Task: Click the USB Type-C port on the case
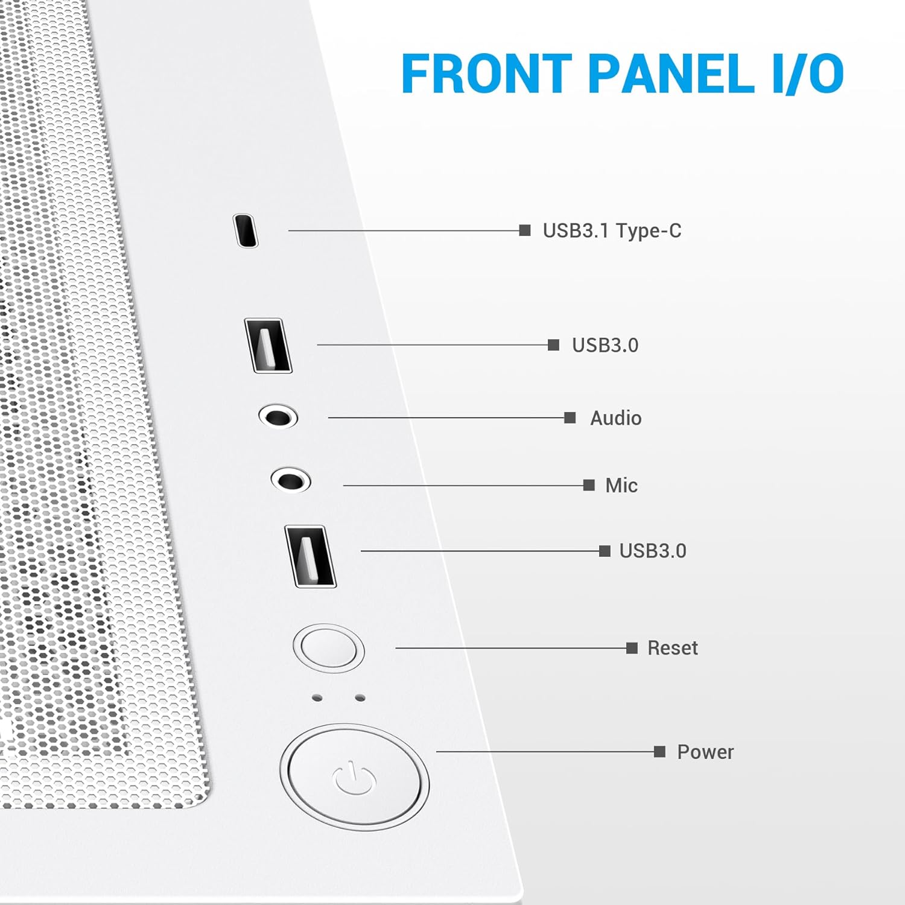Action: click(x=246, y=230)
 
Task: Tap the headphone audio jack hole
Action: click(x=278, y=417)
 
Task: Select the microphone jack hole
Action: click(x=291, y=481)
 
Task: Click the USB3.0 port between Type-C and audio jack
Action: click(x=268, y=345)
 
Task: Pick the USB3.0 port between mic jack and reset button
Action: click(x=310, y=556)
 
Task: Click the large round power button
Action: click(x=354, y=776)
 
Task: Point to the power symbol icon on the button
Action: click(x=354, y=778)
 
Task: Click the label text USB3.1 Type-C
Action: click(x=612, y=230)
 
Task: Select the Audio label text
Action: click(x=615, y=418)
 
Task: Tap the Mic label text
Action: click(x=621, y=486)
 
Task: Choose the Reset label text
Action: click(x=672, y=648)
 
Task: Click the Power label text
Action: click(x=705, y=752)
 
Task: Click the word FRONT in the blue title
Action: click(x=486, y=74)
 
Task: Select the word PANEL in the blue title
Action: click(x=670, y=74)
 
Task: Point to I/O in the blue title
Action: click(x=808, y=74)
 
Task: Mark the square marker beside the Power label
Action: click(x=659, y=752)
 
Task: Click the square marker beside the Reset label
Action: click(x=632, y=648)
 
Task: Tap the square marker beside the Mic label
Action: click(x=589, y=485)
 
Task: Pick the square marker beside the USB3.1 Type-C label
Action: click(x=525, y=230)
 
